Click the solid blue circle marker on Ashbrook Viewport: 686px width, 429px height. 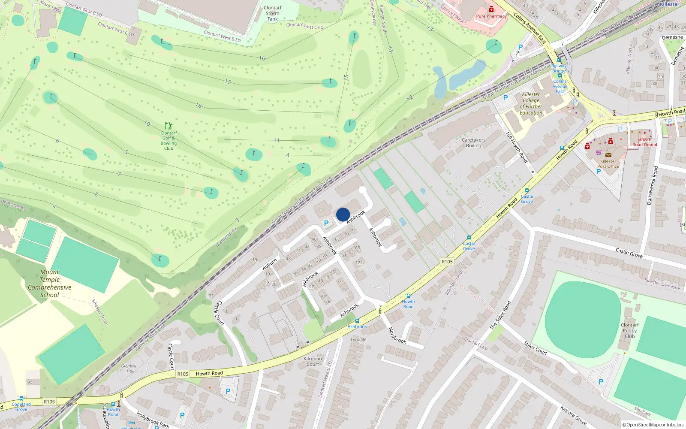click(343, 214)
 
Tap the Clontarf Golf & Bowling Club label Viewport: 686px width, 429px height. click(168, 140)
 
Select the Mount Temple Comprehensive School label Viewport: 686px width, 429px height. click(50, 284)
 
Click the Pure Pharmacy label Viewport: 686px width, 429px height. click(491, 16)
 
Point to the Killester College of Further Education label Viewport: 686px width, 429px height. click(531, 103)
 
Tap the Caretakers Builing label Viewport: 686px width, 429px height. click(474, 143)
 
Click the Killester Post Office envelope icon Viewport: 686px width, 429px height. click(608, 154)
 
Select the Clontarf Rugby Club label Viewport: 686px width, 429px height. click(629, 330)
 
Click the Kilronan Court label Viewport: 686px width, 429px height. click(313, 361)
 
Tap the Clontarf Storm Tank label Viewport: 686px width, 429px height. click(273, 13)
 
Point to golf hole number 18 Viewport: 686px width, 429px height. click(198, 105)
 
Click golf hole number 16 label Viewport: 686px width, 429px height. click(262, 58)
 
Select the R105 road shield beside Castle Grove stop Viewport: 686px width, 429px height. click(447, 262)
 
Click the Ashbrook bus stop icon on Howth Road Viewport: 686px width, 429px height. click(357, 321)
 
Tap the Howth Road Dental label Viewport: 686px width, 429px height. click(644, 142)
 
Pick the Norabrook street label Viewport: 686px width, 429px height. click(397, 335)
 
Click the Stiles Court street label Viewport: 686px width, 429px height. click(536, 348)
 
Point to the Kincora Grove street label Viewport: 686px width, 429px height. click(573, 415)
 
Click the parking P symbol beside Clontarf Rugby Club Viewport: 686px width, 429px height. click(601, 382)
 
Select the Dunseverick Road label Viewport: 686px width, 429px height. click(652, 185)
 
